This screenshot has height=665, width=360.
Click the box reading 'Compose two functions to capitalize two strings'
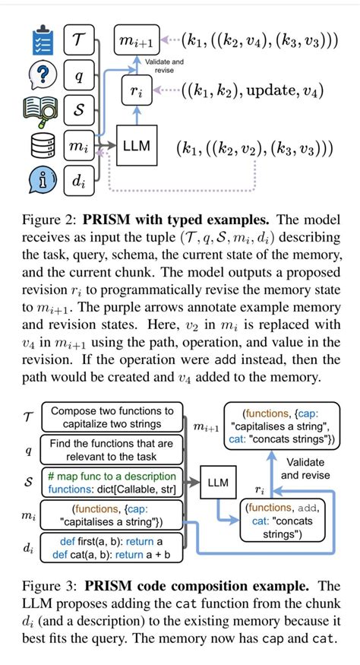(x=112, y=418)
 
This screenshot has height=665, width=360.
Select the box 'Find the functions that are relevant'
(x=112, y=449)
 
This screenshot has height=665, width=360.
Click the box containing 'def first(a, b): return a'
(x=112, y=548)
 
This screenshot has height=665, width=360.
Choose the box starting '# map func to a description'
(x=112, y=482)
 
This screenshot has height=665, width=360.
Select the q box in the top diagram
(x=78, y=76)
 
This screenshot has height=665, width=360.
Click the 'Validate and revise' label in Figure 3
(x=306, y=468)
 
